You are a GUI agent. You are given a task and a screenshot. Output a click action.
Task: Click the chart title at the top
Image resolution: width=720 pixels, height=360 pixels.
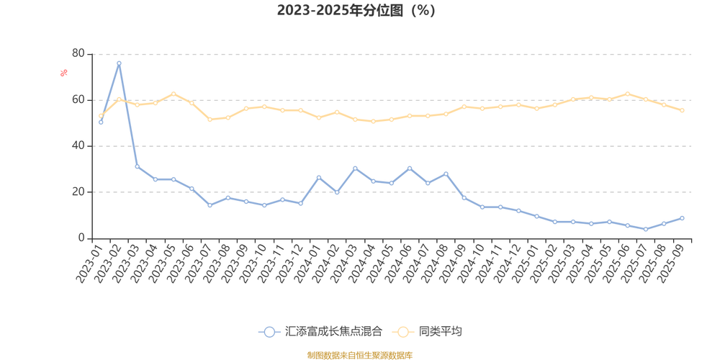click(356, 11)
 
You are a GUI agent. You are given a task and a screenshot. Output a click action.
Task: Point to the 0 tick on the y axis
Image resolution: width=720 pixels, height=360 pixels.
click(81, 238)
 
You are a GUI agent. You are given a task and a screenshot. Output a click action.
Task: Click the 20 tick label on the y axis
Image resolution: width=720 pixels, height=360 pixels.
click(78, 192)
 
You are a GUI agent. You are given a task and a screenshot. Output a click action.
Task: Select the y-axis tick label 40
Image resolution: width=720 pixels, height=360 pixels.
click(78, 145)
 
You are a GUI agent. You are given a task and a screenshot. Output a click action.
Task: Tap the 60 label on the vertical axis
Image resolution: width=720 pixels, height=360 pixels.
click(78, 99)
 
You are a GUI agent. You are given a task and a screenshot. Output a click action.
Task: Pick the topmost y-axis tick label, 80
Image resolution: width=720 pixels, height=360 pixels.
click(78, 53)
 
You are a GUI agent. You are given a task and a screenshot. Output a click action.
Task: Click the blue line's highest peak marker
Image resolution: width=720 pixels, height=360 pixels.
click(119, 63)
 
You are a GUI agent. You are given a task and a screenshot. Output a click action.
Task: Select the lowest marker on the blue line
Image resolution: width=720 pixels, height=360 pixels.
click(646, 229)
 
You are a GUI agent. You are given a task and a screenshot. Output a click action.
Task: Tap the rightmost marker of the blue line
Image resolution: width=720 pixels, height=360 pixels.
click(682, 217)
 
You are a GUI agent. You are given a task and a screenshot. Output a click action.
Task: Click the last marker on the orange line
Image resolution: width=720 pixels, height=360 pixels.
click(682, 110)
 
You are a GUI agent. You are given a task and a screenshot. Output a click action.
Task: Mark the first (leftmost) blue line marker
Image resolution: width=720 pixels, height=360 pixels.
click(101, 122)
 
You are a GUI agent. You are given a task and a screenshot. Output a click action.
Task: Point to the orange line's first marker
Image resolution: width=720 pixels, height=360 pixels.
click(101, 115)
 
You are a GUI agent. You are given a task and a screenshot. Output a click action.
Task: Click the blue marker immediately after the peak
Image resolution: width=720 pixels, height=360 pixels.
click(137, 167)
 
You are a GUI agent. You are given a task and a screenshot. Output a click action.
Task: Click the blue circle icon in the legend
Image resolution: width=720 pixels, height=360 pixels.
click(269, 332)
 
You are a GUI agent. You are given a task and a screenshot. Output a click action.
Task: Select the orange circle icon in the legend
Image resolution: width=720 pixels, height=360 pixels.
click(402, 332)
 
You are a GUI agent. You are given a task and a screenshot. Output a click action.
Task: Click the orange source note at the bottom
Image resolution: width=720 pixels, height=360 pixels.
click(359, 354)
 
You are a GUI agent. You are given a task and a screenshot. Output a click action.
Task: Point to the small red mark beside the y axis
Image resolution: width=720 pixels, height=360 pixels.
click(63, 72)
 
